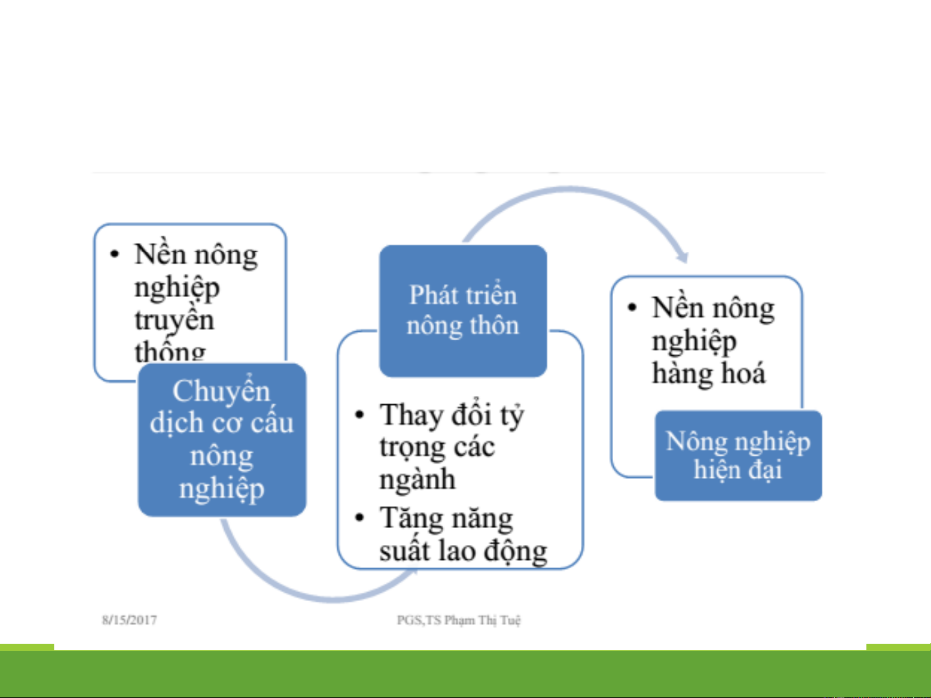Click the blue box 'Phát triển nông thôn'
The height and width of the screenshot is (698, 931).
pos(463,311)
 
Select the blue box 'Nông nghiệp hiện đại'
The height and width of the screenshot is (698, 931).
pos(738,456)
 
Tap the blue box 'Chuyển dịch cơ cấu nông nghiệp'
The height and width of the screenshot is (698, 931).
pos(222,440)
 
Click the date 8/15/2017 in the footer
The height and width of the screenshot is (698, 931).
pos(129,620)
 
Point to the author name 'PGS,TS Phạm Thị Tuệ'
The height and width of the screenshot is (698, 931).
pos(459,620)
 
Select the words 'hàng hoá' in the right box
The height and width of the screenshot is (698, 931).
pos(709,373)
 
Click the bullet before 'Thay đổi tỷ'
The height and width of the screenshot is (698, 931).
pos(360,415)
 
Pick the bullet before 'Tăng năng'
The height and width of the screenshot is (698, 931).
pos(360,518)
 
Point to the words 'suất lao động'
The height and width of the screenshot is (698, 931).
pos(463,551)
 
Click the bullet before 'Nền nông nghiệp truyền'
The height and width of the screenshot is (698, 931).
pos(114,254)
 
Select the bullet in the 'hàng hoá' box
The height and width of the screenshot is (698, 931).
pos(632,307)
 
